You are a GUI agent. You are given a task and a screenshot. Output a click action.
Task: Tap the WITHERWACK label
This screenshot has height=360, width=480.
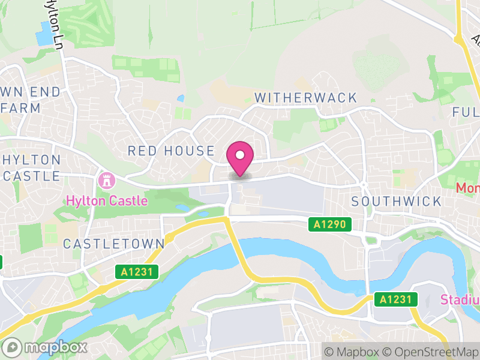coord(305,98)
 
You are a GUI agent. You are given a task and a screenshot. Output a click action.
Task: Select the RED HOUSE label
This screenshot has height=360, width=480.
coord(171,151)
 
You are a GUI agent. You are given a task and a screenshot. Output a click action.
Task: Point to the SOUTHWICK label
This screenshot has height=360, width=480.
coord(396,201)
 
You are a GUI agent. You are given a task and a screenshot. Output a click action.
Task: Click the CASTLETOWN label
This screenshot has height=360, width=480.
coord(113,244)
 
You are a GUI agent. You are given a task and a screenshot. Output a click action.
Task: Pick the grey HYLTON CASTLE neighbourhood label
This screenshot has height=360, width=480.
coord(31,168)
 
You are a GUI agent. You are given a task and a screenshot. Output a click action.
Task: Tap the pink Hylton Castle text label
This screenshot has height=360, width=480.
coord(107,200)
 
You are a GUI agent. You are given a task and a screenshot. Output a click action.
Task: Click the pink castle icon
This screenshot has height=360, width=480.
coord(106,180)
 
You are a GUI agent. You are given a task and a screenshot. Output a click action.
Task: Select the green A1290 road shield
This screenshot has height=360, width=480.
coord(330,224)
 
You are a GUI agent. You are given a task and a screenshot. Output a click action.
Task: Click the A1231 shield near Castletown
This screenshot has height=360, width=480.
coord(137,272)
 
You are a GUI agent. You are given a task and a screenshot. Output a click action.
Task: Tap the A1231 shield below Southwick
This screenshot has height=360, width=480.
coord(396,299)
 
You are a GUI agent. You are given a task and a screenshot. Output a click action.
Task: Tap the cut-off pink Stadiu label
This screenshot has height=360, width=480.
coord(460,299)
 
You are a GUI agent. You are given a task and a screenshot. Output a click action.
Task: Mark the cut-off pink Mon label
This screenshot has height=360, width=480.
coord(467,188)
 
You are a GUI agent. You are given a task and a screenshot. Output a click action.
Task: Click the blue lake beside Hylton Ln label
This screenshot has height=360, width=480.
coord(44,34)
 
